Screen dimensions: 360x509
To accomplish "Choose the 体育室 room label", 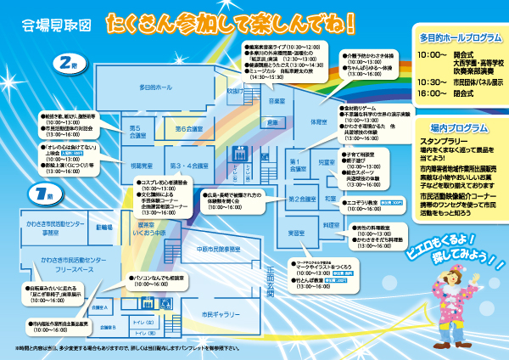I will pos(317,121).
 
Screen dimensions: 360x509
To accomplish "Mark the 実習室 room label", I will pos(296,232).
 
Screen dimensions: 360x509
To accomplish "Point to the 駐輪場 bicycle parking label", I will pos(105,228).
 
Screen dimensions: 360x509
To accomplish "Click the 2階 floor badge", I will pos(67,66).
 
